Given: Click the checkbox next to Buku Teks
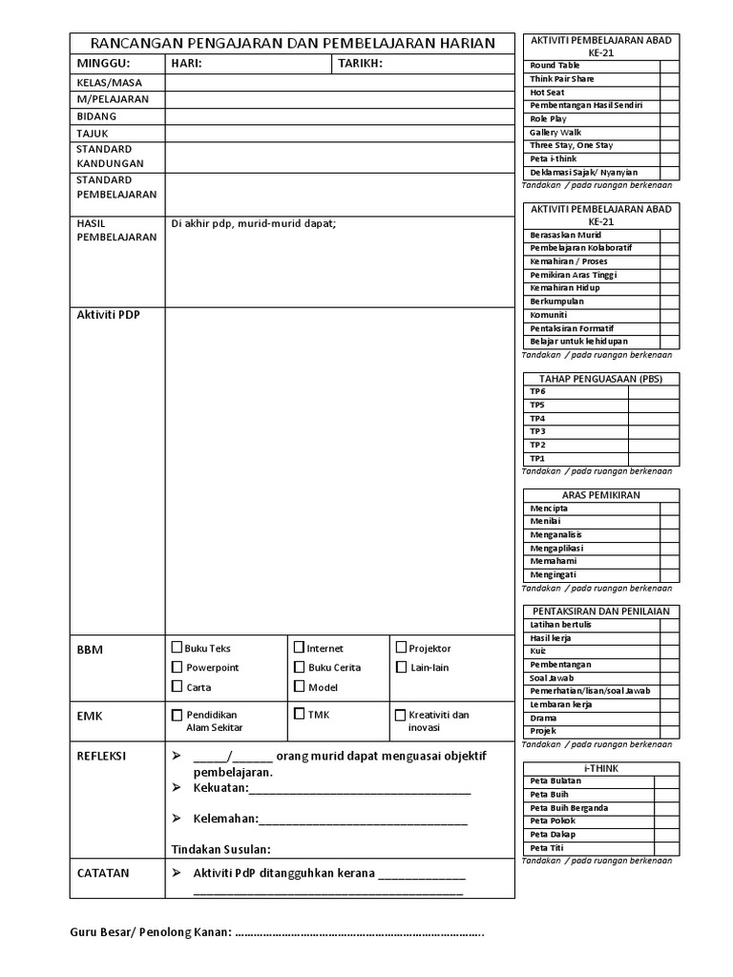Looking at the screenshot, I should coord(177,648).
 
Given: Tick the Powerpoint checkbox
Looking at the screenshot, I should coord(177,667).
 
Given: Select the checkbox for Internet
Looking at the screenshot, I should coord(299,648).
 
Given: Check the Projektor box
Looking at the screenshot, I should coord(401,648).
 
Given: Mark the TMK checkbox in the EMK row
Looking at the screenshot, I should coord(299,714).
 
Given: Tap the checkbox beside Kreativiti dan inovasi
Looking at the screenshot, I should coord(401,715).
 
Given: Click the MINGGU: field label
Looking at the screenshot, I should coord(102,64).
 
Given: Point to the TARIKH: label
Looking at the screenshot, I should coord(360,64).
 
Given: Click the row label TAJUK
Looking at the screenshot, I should coord(93,134).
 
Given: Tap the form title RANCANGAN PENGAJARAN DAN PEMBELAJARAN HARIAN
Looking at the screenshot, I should coord(292,43).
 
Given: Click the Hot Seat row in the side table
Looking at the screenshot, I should coord(548,93).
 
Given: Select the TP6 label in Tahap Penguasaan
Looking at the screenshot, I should coord(538,391).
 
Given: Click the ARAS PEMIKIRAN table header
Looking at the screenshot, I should coord(600,495).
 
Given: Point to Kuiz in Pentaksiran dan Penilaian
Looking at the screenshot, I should coord(538,651).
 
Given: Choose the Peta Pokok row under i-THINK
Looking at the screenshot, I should coord(553,821).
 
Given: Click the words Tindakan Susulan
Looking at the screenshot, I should coord(220,849).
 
